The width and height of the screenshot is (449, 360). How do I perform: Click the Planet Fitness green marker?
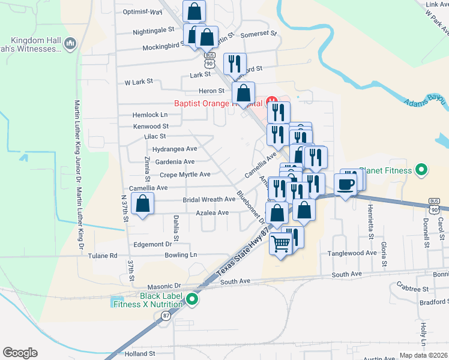pos(421,170)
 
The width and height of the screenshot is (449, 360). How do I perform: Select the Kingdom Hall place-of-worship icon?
pos(70,43)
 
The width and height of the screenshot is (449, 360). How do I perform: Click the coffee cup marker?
pos(345,184)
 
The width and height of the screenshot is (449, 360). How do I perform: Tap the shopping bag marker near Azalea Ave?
pos(143,205)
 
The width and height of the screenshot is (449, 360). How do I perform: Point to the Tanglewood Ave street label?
pos(351,253)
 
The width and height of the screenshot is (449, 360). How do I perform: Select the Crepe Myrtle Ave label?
pos(185,175)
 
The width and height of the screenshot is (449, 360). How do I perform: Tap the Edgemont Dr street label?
pos(152,244)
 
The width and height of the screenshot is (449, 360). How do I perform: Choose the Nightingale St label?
pos(154,29)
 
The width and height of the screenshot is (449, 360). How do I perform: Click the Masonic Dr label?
pos(160,286)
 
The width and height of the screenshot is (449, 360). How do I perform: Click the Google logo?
pos(20,353)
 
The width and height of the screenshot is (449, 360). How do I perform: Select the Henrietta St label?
pos(370,228)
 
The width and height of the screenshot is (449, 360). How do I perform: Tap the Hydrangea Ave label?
pos(175,149)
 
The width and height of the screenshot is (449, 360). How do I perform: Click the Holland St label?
pos(140,354)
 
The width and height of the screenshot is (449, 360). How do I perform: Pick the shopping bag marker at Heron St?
pos(243,93)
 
